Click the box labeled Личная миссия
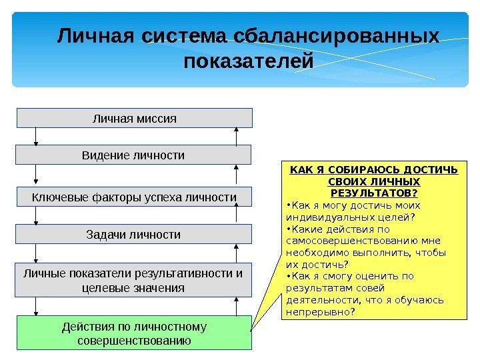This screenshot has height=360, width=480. click(134, 118)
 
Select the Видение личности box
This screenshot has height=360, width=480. click(133, 155)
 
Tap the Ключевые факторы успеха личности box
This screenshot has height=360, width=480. click(134, 197)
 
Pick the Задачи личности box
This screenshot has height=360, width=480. click(134, 235)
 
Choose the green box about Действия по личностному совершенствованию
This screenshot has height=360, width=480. click(134, 333)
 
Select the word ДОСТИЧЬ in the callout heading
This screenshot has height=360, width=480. click(432, 169)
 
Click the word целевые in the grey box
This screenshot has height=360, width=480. click(103, 287)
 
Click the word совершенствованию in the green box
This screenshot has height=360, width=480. click(134, 340)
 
